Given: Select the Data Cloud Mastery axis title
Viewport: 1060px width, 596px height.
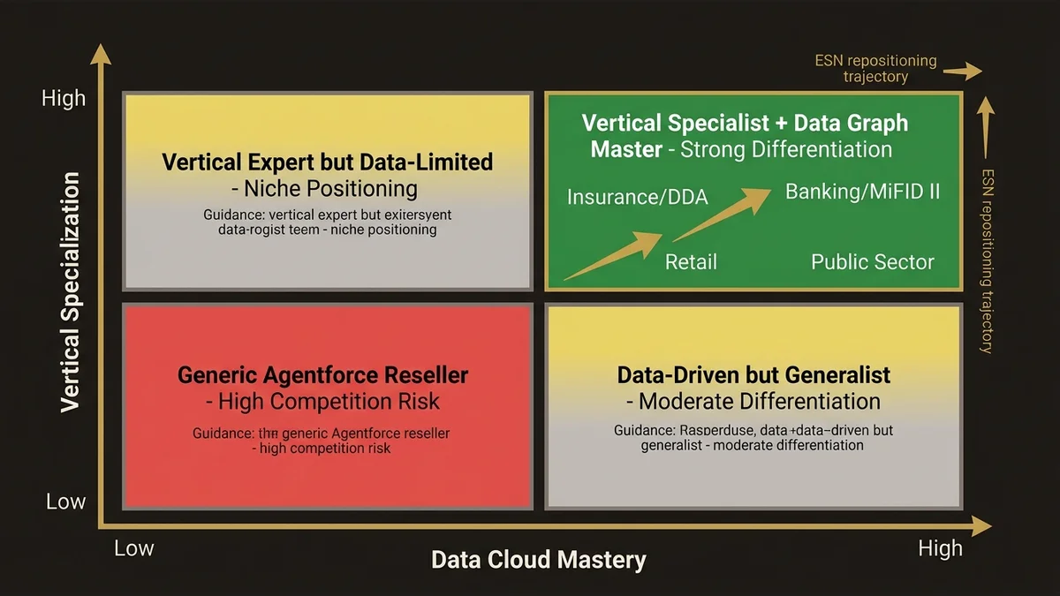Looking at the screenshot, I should (538, 560).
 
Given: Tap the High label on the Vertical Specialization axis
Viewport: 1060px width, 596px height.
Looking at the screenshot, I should (64, 98).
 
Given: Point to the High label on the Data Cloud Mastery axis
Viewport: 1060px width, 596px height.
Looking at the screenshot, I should (940, 548).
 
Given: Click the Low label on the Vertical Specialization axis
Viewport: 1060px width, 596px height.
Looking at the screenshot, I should (65, 502).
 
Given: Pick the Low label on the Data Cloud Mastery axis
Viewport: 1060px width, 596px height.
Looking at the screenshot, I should (134, 548).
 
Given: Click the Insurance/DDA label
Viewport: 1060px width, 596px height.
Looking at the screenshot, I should (637, 197).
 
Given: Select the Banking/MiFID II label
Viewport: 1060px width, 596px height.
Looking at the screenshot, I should (862, 191).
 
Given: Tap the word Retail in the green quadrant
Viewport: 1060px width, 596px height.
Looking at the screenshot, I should (691, 261).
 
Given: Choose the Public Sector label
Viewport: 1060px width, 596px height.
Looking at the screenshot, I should (872, 261).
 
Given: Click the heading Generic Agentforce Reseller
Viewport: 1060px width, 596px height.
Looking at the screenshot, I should (322, 374).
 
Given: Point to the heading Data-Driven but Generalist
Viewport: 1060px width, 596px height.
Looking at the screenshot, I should (753, 374).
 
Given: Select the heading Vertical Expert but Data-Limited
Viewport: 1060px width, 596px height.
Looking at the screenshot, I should (327, 162).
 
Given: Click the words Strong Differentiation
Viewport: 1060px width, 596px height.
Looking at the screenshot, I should (785, 149).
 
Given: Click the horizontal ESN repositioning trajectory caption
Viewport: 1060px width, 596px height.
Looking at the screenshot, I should (874, 69).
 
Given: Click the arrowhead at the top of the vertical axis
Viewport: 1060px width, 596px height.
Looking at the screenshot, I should (102, 55).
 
